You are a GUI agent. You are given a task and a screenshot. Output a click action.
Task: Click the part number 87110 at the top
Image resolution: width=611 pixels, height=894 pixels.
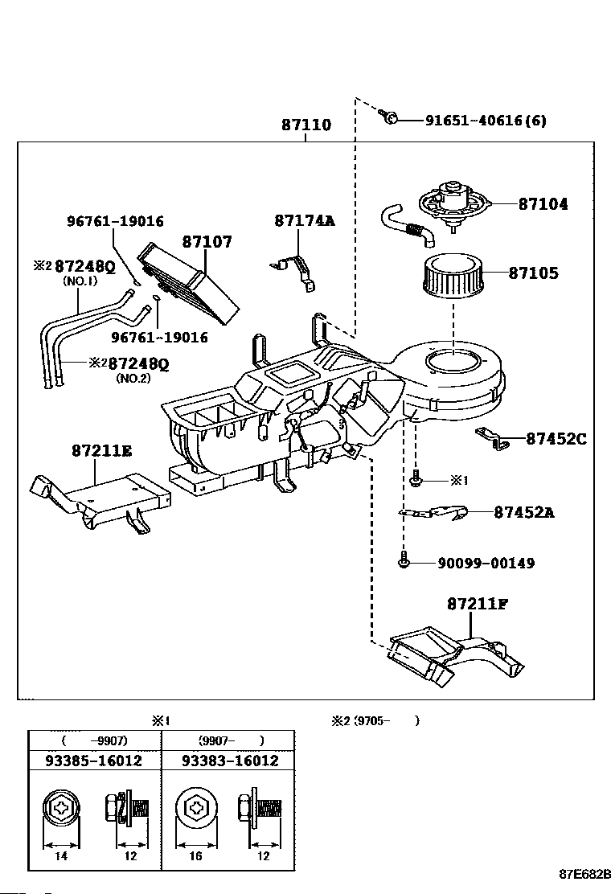click(x=306, y=125)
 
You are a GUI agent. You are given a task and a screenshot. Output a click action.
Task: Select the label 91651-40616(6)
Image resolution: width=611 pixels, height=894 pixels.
click(x=486, y=121)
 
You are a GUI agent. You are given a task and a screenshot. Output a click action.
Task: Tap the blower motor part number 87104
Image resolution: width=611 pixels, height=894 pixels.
click(x=543, y=203)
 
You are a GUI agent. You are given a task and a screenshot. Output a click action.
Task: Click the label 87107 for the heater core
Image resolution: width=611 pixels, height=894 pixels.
click(x=207, y=242)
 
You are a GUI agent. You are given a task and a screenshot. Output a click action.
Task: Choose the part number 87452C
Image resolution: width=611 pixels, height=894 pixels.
click(x=556, y=438)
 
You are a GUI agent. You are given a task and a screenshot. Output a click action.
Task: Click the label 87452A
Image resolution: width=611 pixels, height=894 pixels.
click(x=524, y=512)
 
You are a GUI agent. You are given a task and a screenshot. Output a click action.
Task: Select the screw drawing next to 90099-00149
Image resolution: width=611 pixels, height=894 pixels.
click(x=403, y=560)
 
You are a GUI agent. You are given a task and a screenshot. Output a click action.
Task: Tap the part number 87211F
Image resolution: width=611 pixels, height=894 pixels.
click(x=477, y=603)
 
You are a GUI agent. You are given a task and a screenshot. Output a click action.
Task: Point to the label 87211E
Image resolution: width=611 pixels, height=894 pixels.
click(x=102, y=450)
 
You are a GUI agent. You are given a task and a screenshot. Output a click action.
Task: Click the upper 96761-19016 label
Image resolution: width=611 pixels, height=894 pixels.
click(x=115, y=220)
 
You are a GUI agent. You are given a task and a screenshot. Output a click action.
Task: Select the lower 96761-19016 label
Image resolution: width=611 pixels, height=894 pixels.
click(x=159, y=337)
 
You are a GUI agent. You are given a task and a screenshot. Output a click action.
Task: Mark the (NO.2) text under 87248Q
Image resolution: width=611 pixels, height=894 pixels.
click(x=133, y=378)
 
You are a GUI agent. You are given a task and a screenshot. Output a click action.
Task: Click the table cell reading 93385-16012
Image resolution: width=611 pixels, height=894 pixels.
click(x=93, y=761)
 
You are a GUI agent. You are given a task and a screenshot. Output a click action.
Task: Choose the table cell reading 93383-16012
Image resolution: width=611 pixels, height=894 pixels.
click(x=230, y=761)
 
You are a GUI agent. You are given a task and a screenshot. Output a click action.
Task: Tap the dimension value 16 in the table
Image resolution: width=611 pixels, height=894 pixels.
click(x=195, y=855)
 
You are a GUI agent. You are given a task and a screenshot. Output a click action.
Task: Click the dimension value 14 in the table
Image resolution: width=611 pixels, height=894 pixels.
click(x=61, y=855)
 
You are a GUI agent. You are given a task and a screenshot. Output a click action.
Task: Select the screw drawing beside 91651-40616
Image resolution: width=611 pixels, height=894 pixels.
click(x=388, y=117)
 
